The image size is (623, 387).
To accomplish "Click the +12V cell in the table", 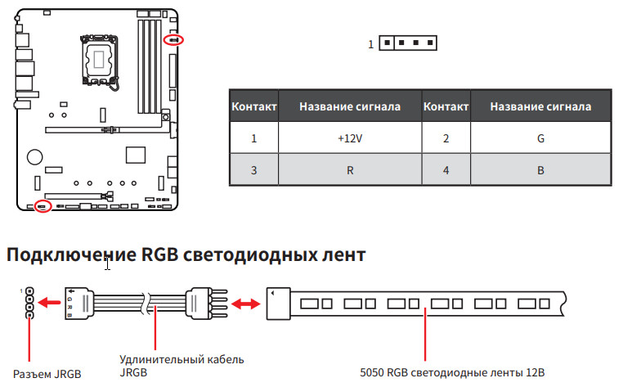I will pos(349,138).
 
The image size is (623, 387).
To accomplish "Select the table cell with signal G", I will pos(540,138).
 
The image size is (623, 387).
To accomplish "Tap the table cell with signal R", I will pos(349,171).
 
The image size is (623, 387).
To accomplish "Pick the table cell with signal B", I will pos(540,171).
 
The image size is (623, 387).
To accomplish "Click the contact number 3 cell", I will pos(254,171).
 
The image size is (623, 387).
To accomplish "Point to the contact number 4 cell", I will pos(446,171).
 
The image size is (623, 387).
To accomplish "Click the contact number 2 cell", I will pos(446,138).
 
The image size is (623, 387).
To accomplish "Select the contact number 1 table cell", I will pos(254,138).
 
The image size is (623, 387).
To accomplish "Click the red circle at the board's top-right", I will pos(174,39).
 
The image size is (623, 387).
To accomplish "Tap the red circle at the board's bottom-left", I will pos(43,206).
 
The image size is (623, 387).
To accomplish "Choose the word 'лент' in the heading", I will pos(338,255).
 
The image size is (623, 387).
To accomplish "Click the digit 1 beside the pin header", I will pos(370,44).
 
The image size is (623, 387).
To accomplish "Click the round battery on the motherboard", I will pos(34,156).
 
